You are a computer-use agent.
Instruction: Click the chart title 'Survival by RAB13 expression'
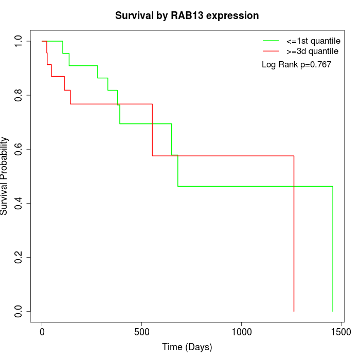coord(187,15)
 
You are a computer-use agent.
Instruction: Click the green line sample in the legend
coord(271,40)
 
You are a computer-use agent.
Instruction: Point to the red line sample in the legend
coord(271,51)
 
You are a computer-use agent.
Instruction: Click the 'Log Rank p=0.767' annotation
coord(296,65)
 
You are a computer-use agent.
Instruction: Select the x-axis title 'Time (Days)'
coord(187,347)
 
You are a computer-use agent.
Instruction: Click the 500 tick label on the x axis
coord(141,332)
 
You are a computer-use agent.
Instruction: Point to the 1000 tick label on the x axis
coord(241,332)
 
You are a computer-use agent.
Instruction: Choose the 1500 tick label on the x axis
coord(340,332)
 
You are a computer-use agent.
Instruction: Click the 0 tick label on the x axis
coord(42,332)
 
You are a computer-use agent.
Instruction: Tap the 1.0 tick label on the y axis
coord(19,41)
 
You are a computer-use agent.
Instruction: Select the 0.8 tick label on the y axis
coord(19,95)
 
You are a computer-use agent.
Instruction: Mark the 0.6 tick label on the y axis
coord(19,149)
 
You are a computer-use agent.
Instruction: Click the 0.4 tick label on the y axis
coord(19,203)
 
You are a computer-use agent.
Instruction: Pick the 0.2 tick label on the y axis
coord(19,257)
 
